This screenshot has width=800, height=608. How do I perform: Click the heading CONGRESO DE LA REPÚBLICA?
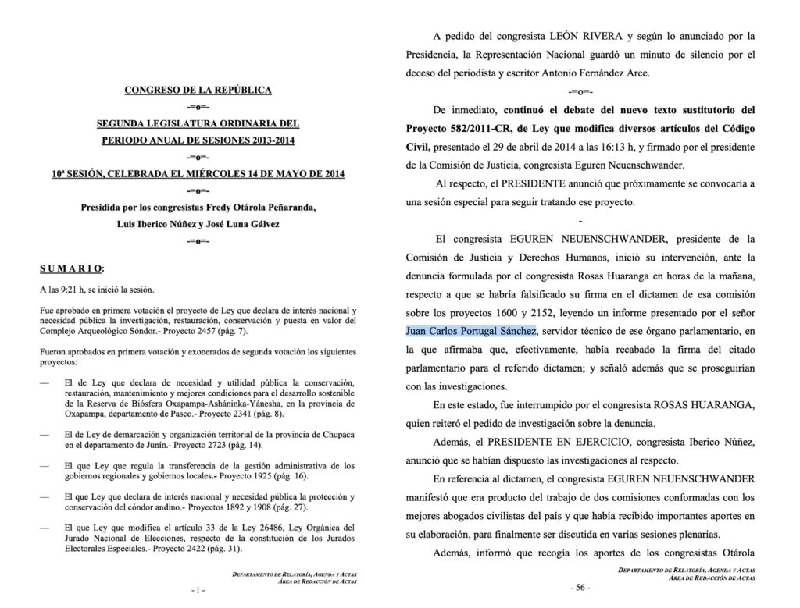pos(198,91)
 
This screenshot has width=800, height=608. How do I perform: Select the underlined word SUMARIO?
pos(71,268)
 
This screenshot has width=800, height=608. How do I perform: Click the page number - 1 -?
pos(198,591)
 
